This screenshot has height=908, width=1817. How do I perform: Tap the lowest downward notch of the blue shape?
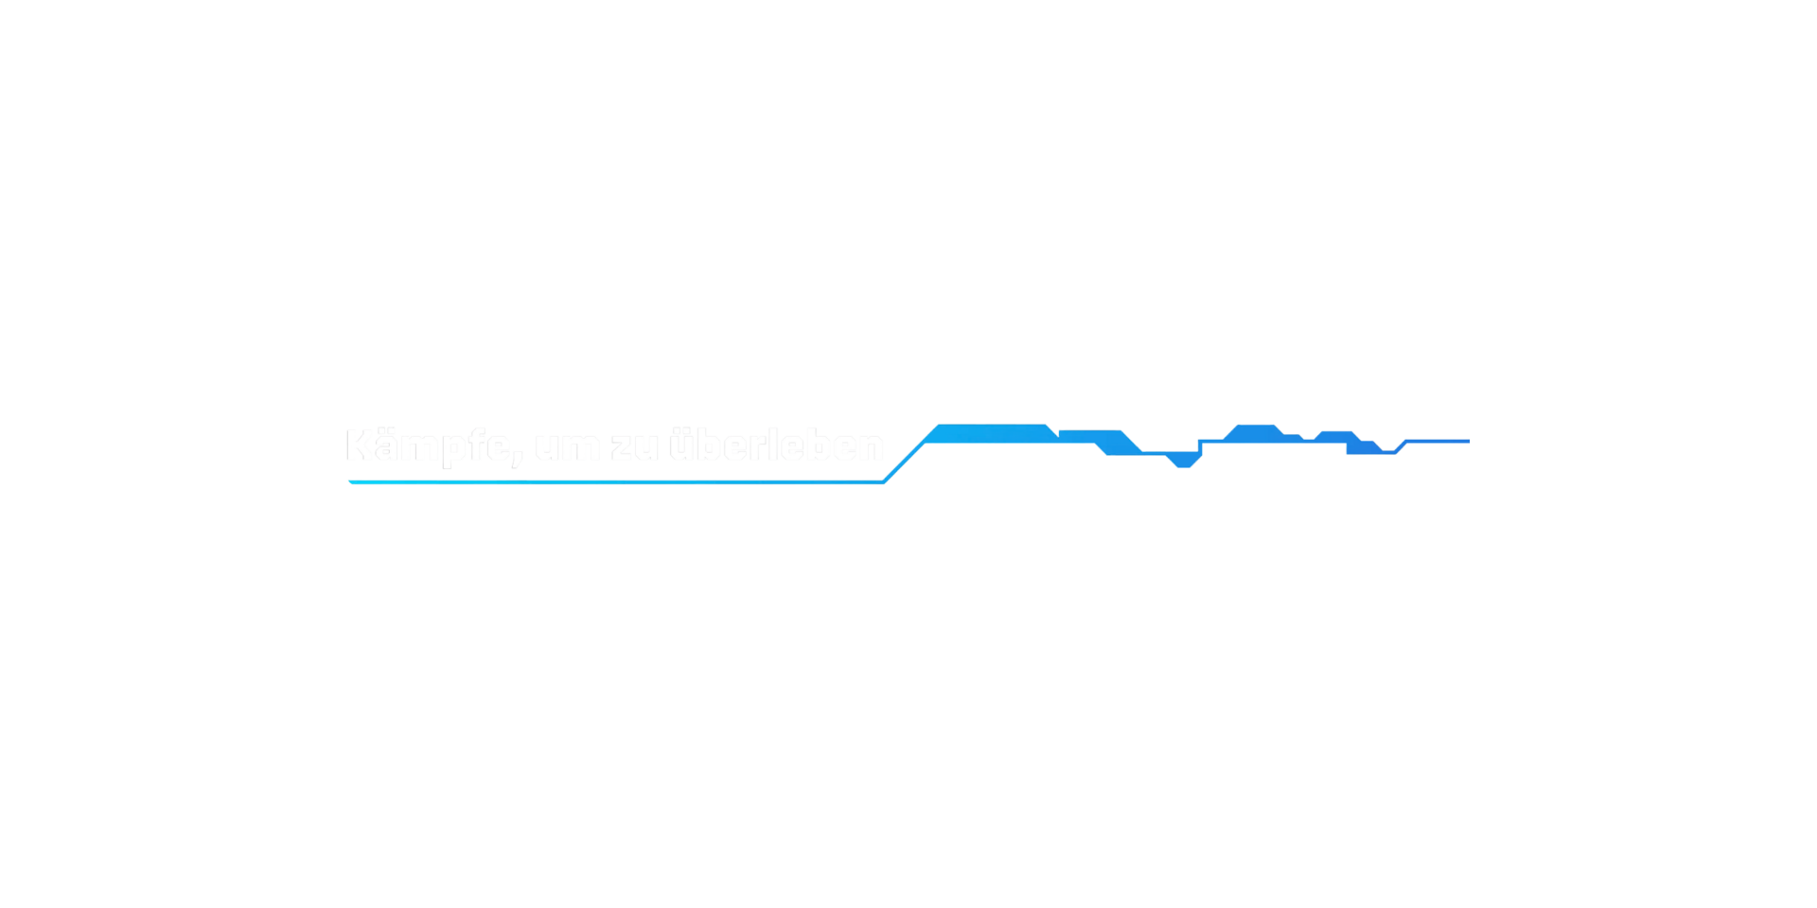1183,463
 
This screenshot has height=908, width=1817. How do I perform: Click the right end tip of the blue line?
1468,441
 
